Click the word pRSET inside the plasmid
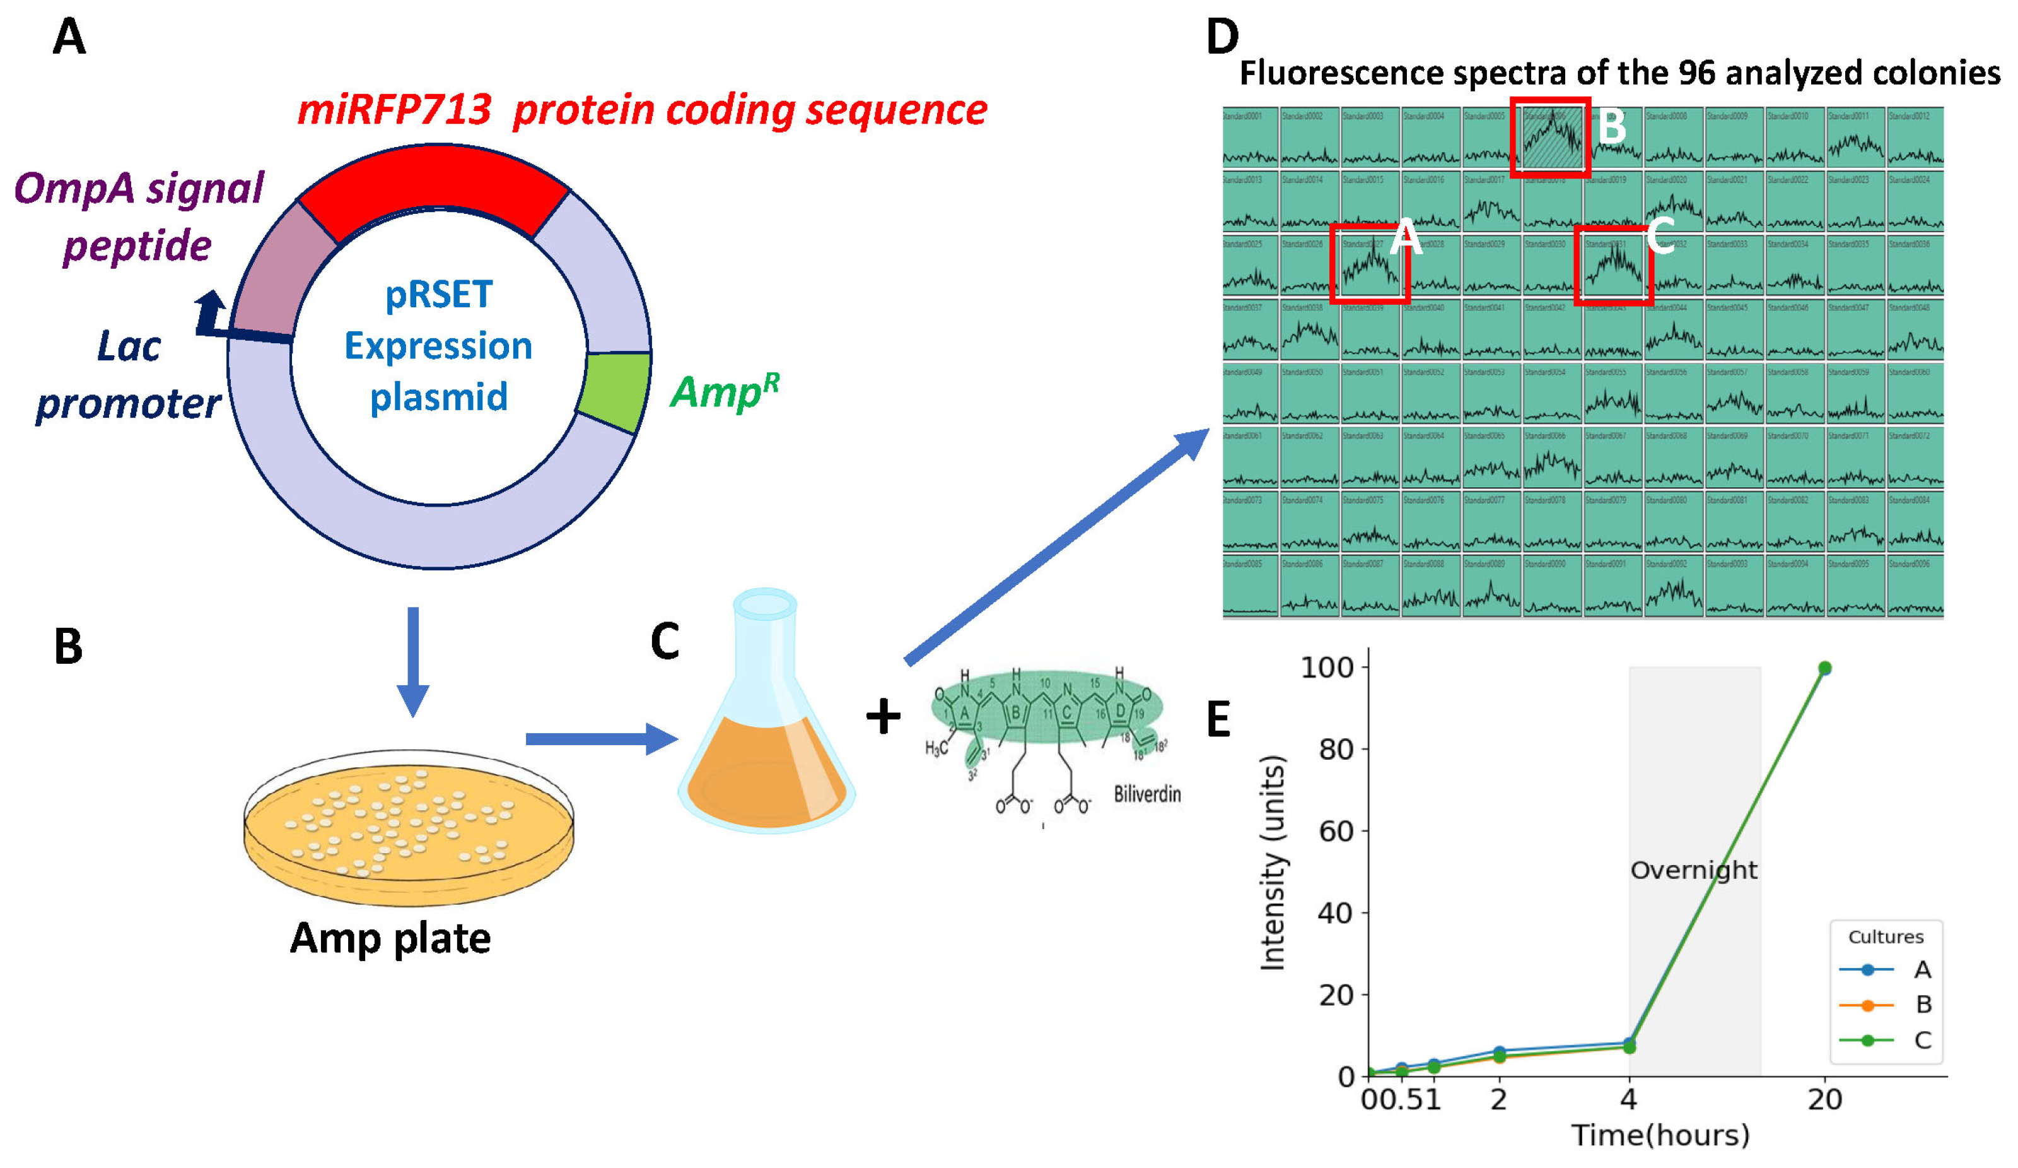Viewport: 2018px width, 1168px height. tap(439, 295)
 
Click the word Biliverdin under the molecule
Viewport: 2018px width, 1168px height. tap(1146, 794)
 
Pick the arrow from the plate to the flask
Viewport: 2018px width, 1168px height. tap(600, 739)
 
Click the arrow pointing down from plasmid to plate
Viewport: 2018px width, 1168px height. tap(413, 661)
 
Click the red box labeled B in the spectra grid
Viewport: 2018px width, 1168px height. tap(1550, 137)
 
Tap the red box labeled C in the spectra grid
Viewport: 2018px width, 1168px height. tap(1613, 265)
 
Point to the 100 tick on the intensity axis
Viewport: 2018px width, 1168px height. tap(1326, 668)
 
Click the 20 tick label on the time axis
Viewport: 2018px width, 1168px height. tap(1824, 1100)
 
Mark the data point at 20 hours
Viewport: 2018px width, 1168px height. tap(1824, 668)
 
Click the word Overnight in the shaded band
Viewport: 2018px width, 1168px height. tap(1694, 870)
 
